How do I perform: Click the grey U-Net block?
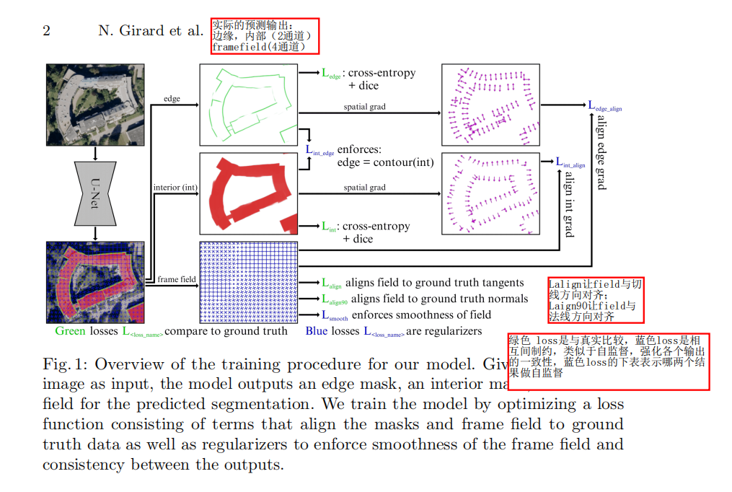[94, 193]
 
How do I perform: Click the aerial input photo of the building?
[94, 104]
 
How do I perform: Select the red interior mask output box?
[248, 193]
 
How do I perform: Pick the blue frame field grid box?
[248, 282]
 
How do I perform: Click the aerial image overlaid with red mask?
[94, 282]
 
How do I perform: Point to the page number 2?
[46, 30]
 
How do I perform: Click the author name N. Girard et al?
[150, 30]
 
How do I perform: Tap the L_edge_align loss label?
[604, 106]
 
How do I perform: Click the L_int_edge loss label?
[319, 151]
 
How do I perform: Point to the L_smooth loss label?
[335, 315]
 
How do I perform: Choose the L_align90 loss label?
[335, 299]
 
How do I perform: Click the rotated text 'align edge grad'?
[601, 151]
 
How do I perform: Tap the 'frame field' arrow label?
[177, 279]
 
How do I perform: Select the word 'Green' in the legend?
[70, 331]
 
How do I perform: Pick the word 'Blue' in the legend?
[317, 331]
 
